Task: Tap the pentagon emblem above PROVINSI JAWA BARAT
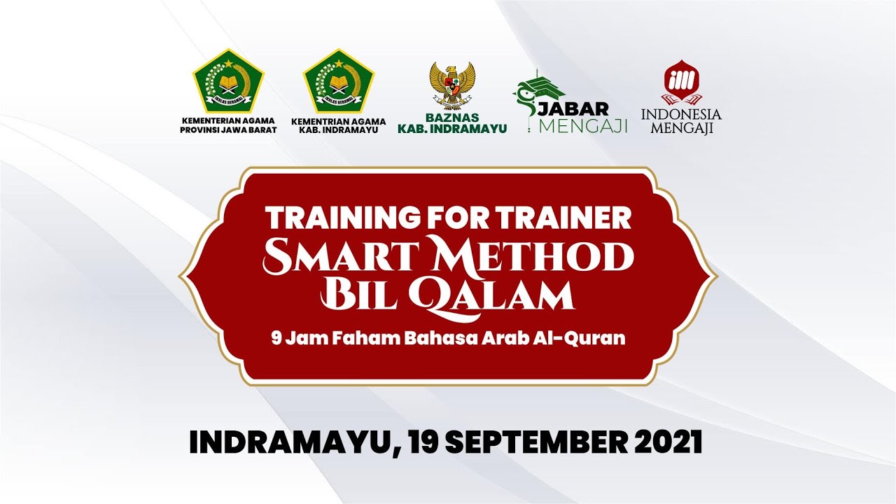click(228, 82)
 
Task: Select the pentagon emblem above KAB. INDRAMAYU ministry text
click(338, 82)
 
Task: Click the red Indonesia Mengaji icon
click(681, 84)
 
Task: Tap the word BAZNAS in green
click(452, 118)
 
